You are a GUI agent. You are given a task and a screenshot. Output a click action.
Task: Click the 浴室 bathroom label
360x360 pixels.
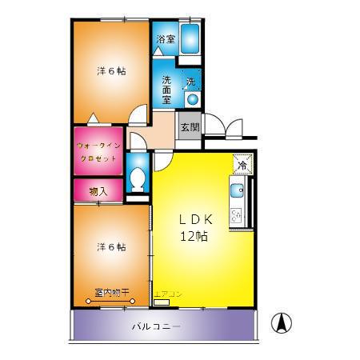(166, 39)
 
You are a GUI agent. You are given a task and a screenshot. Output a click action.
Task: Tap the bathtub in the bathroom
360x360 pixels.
(190, 38)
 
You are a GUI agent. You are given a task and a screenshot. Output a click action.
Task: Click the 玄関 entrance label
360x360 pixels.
(189, 127)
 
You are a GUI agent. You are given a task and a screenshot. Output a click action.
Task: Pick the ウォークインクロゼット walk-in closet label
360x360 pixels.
(98, 152)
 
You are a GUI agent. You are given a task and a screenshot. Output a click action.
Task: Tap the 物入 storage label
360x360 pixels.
(98, 191)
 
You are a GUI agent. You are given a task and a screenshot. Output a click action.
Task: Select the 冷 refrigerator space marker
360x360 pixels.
(241, 165)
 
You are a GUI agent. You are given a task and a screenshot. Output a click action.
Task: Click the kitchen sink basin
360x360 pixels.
(237, 192)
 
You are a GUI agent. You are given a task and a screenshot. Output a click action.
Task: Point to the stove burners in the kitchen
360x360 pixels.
(236, 215)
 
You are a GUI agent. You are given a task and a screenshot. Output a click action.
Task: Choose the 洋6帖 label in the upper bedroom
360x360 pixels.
(111, 70)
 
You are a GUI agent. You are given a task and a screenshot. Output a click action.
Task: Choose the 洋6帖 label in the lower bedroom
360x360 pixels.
(111, 246)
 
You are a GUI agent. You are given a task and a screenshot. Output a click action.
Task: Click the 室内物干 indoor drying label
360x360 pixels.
(112, 293)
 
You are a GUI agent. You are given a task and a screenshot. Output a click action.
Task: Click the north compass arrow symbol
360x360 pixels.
(282, 323)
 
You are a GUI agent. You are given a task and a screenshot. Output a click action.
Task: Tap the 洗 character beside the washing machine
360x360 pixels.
(190, 82)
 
